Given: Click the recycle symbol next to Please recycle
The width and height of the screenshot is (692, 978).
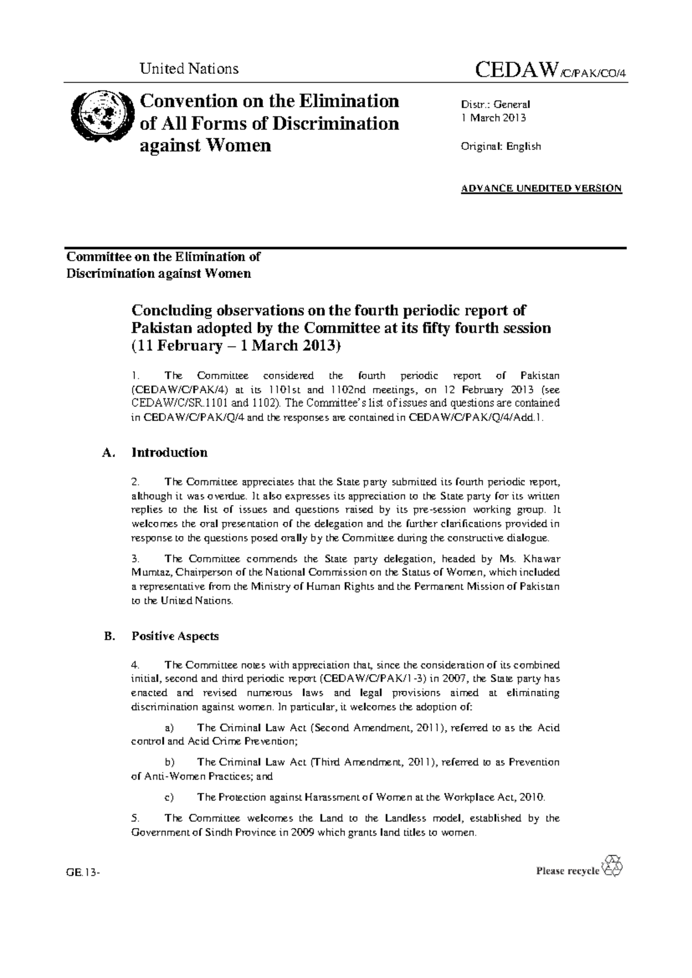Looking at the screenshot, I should (x=612, y=866).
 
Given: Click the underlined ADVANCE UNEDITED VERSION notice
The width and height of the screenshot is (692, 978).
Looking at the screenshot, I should (x=541, y=189).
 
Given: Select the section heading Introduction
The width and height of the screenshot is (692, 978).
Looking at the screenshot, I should (x=170, y=453).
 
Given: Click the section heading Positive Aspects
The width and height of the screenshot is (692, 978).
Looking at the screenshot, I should (x=175, y=637).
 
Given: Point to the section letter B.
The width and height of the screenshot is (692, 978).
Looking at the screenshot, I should (x=105, y=637).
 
